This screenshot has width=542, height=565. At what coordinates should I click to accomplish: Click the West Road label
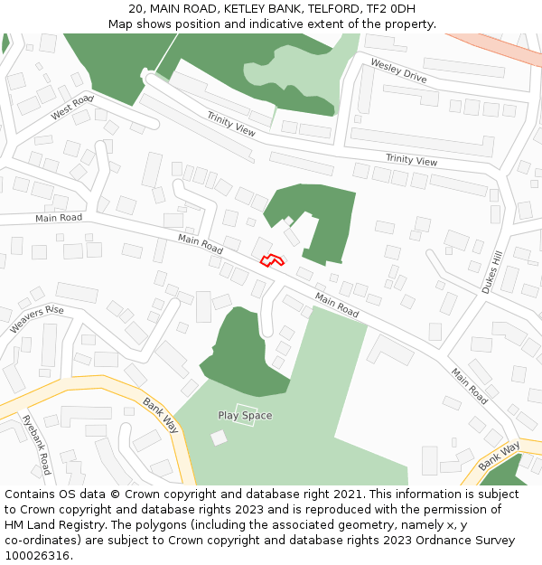[x=72, y=108]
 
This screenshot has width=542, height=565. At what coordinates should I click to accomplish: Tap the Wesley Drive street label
[x=398, y=71]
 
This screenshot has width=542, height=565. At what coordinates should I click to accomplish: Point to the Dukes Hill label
[x=491, y=272]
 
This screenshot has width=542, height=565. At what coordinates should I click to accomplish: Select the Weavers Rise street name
[x=37, y=319]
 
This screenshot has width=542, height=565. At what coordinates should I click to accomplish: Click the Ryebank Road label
[x=36, y=445]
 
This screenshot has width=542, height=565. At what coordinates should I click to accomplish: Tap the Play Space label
[x=245, y=416]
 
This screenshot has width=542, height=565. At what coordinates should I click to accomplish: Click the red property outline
[x=272, y=260]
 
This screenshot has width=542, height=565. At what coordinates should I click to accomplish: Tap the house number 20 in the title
[x=136, y=8]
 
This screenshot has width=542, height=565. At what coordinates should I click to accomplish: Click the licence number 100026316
[x=37, y=556]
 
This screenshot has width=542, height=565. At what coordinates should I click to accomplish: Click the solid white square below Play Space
[x=219, y=438]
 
